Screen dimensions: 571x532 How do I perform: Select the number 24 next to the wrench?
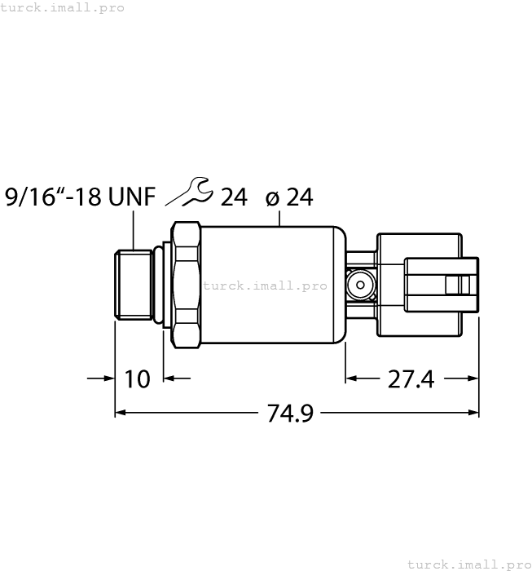click(233, 197)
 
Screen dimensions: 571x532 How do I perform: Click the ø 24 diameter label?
click(289, 197)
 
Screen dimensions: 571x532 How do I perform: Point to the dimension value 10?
click(138, 379)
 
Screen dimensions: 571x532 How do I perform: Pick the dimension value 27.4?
click(411, 379)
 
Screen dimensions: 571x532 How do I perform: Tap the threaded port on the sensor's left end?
click(133, 285)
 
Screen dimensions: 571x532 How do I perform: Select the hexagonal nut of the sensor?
click(186, 285)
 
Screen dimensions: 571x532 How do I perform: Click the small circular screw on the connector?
click(358, 285)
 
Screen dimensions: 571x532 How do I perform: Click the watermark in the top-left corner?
click(63, 7)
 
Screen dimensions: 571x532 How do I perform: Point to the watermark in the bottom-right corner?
click(468, 564)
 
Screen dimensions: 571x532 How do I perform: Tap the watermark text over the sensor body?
click(265, 285)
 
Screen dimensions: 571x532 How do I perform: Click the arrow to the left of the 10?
click(106, 378)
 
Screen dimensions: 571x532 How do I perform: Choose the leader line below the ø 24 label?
click(279, 216)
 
